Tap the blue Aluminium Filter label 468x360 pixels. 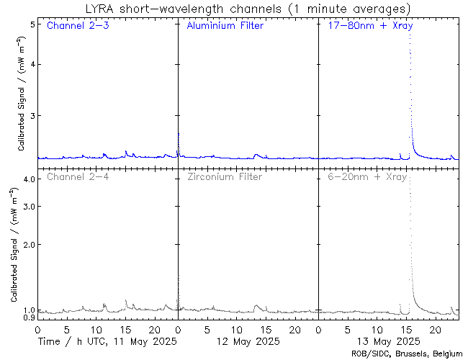[x=225, y=26]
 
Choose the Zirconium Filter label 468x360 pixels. [x=225, y=176]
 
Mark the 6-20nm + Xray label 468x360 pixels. [x=367, y=176]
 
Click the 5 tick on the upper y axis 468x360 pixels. [x=32, y=24]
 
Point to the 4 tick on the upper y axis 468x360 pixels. [x=32, y=64]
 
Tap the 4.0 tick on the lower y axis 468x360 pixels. [x=29, y=179]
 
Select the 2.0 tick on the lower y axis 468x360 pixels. [x=29, y=245]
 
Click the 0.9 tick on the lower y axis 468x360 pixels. [x=29, y=318]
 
